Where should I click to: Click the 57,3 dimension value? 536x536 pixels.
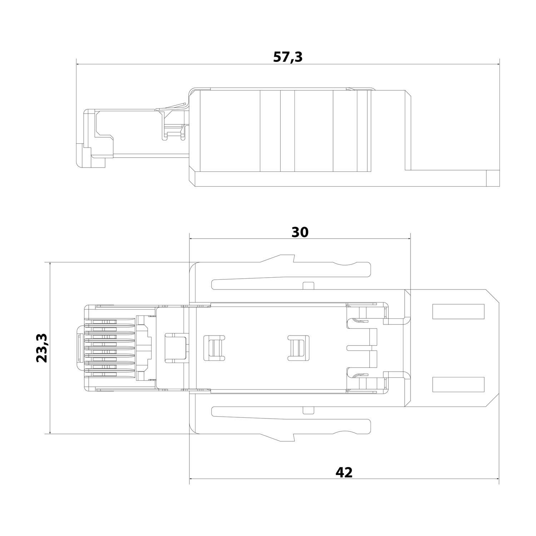click(288, 57)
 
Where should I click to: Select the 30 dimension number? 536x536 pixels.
click(300, 232)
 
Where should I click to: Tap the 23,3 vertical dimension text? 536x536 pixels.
click(42, 348)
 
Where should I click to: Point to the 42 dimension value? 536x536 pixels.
click(344, 472)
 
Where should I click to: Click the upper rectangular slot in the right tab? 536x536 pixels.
click(458, 311)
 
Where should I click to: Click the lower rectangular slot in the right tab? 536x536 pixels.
click(458, 384)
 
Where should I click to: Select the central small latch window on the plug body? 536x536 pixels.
click(297, 348)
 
